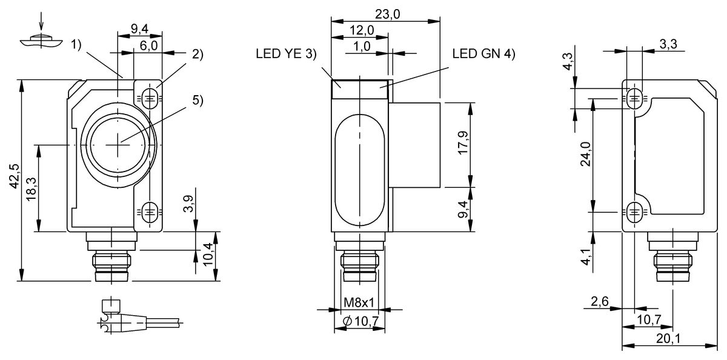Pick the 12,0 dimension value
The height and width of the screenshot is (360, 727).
pyautogui.click(x=361, y=30)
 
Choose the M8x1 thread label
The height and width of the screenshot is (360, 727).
pyautogui.click(x=360, y=302)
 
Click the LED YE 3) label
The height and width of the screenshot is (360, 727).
pyautogui.click(x=287, y=54)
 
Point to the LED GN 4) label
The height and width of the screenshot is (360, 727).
pyautogui.click(x=483, y=54)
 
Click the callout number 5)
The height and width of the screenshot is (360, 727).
pyautogui.click(x=198, y=101)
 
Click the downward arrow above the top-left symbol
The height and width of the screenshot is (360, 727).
pyautogui.click(x=41, y=23)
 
